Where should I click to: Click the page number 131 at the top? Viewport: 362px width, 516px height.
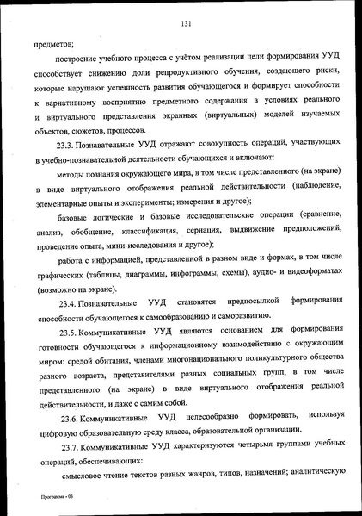pos(184,23)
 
